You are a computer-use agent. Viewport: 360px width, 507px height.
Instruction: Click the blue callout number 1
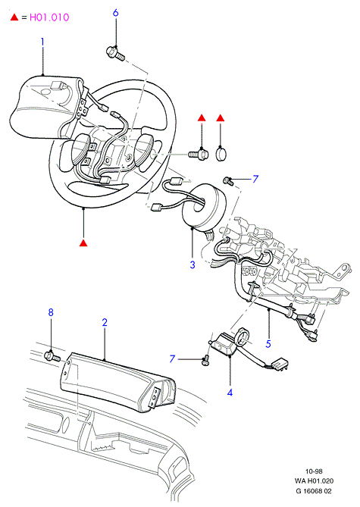42,42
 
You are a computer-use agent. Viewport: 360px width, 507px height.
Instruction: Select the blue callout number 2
105,322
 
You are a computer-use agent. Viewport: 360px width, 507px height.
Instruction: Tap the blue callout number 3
193,264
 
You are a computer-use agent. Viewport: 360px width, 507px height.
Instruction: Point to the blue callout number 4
230,393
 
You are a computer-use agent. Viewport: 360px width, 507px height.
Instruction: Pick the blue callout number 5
268,344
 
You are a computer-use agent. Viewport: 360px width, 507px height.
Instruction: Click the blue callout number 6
115,13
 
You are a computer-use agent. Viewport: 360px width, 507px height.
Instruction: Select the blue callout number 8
51,312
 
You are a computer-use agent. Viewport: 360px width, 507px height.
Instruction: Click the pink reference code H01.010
49,17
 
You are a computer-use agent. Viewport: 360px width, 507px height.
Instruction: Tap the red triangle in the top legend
14,17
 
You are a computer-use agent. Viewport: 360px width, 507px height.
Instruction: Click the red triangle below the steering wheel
83,243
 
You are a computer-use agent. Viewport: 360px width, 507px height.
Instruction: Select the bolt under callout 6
115,54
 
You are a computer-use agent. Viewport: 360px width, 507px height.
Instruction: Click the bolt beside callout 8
52,356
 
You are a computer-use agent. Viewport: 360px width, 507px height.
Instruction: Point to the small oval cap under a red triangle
221,154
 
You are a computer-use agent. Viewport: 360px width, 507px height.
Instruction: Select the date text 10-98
314,471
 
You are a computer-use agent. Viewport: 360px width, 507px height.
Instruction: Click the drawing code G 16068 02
314,491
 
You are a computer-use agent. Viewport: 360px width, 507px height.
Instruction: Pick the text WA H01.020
314,481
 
